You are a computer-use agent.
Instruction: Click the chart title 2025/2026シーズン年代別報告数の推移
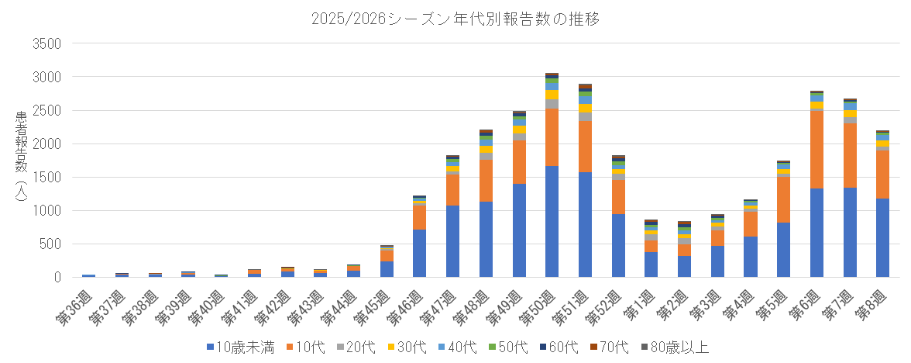455,17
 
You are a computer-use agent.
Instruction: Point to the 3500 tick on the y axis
46,43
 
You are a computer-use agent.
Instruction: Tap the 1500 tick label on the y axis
46,177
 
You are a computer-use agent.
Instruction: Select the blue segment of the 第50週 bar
552,221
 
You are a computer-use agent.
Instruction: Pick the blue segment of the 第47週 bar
452,241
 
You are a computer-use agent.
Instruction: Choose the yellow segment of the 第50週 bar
552,95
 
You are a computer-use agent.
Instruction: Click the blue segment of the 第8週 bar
882,237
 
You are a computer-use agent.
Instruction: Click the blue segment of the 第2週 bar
684,266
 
